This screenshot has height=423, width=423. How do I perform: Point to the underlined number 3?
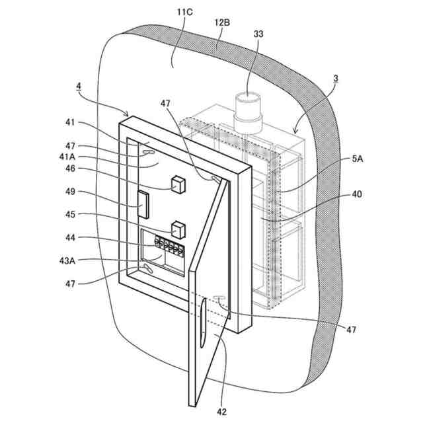pos(336,78)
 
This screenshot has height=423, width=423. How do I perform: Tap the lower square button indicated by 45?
pos(178,230)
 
